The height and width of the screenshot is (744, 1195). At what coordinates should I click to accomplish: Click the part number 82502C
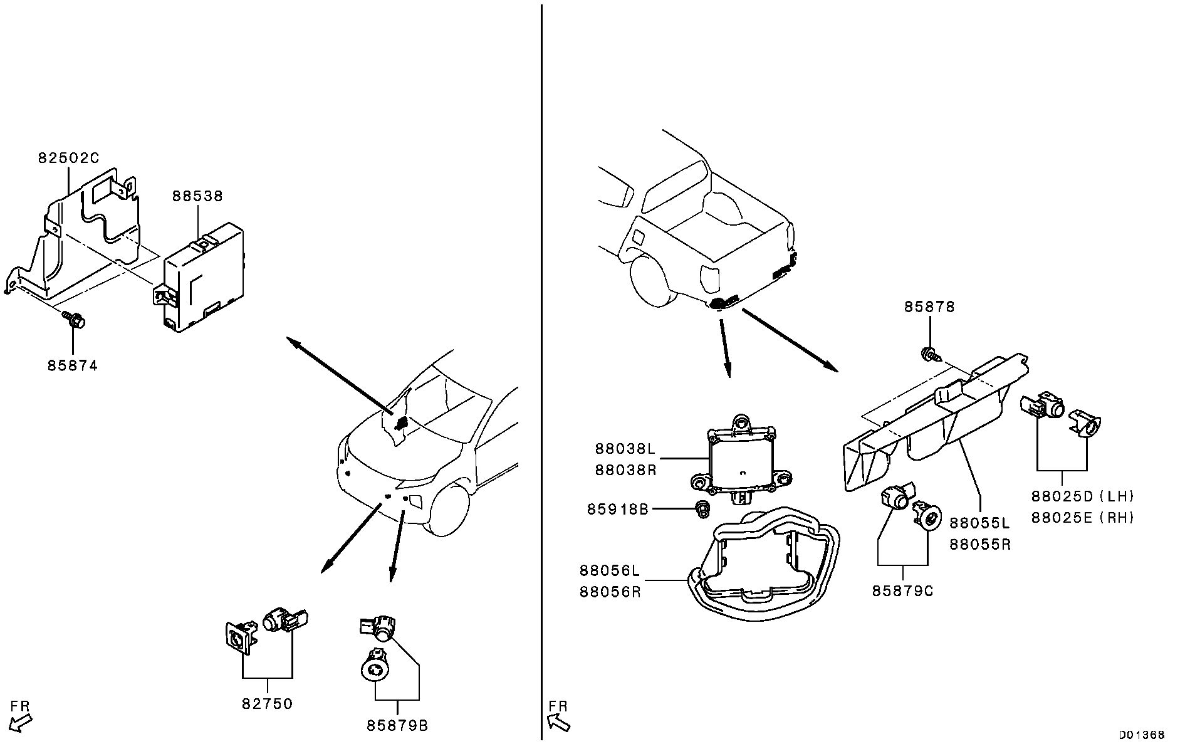pyautogui.click(x=68, y=159)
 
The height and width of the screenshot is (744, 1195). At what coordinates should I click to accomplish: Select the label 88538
pyautogui.click(x=197, y=196)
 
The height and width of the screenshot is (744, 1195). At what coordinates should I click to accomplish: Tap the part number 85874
pyautogui.click(x=73, y=365)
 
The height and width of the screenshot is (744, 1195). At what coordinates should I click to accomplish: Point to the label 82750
pyautogui.click(x=268, y=704)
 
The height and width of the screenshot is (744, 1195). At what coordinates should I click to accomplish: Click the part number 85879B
pyautogui.click(x=397, y=726)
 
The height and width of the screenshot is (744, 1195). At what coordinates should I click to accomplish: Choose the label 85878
pyautogui.click(x=929, y=307)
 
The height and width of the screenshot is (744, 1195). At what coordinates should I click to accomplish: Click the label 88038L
pyautogui.click(x=625, y=449)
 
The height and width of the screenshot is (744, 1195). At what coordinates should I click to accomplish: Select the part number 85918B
pyautogui.click(x=618, y=509)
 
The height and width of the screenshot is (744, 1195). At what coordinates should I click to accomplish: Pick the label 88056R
pyautogui.click(x=610, y=592)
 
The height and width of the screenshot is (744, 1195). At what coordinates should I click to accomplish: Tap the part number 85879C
pyautogui.click(x=903, y=590)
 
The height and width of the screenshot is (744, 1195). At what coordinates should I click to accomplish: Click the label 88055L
pyautogui.click(x=980, y=523)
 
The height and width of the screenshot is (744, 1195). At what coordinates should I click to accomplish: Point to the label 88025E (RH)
pyautogui.click(x=1083, y=518)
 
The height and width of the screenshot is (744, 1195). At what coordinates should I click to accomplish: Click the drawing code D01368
pyautogui.click(x=1142, y=735)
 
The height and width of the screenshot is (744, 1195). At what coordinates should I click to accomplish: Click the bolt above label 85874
pyautogui.click(x=73, y=320)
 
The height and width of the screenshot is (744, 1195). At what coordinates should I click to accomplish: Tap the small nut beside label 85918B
pyautogui.click(x=702, y=509)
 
